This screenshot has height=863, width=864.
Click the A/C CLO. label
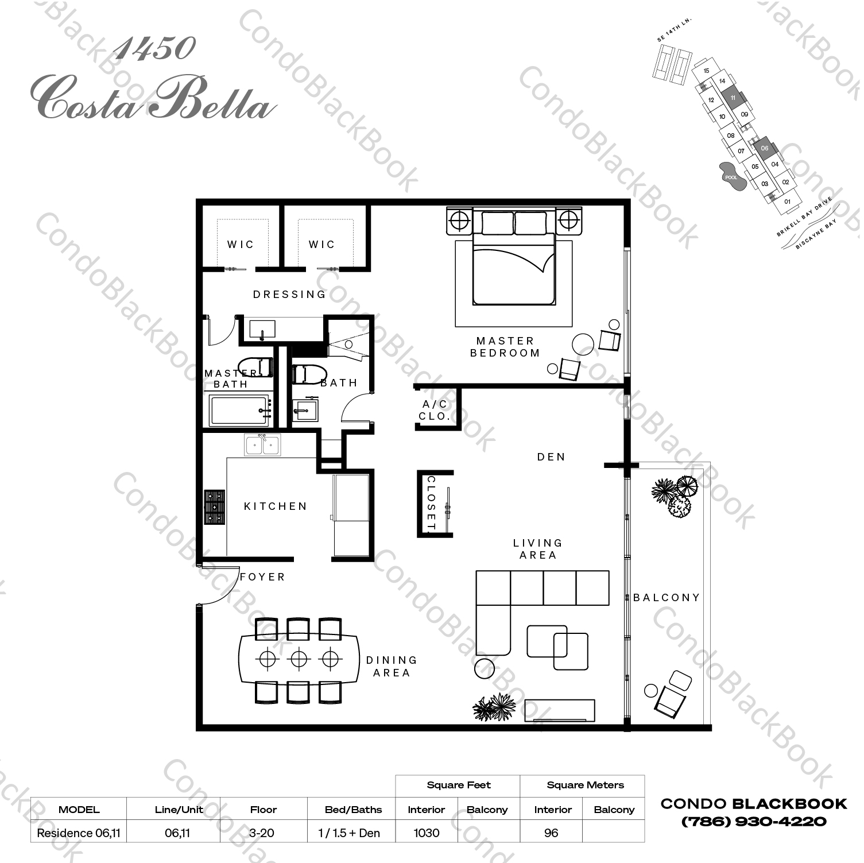tap(435, 411)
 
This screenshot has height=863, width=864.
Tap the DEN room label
tap(551, 457)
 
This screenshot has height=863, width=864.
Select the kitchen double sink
tap(262, 445)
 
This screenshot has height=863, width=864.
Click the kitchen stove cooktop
tap(215, 507)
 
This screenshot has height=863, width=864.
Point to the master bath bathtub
tap(240, 410)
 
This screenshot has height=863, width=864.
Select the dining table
tap(299, 659)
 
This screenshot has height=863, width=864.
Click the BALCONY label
tap(666, 598)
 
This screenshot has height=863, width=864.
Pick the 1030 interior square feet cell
tap(426, 833)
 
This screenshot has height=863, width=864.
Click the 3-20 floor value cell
tap(263, 833)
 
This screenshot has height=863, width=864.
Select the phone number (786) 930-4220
tap(753, 821)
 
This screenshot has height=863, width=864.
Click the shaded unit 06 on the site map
tap(764, 148)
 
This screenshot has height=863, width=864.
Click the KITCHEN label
tap(276, 506)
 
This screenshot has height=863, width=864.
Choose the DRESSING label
tap(289, 295)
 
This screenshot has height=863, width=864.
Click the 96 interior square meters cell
tap(551, 833)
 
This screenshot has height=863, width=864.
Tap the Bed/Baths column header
tap(353, 810)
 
